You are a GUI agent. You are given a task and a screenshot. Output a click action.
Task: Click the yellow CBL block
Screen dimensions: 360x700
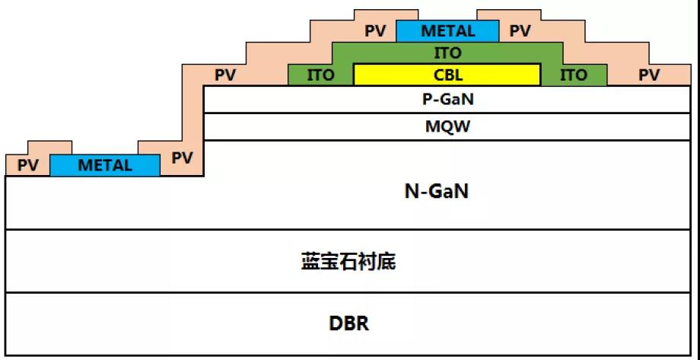coord(447,75)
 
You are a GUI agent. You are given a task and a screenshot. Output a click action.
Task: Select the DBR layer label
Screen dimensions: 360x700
coord(348,323)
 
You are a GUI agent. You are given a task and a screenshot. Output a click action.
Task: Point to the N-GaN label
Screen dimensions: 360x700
coord(436,192)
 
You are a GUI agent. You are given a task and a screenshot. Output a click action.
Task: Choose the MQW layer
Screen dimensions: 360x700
coord(447,126)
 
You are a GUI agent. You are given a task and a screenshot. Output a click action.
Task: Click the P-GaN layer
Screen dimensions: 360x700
coord(447,99)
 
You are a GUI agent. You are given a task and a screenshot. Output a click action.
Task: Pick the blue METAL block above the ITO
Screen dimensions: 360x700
coord(447,31)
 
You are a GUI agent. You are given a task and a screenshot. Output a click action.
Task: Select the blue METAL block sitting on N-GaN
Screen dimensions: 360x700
coord(105,164)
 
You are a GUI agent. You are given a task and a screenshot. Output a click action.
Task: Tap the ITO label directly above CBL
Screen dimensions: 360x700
coord(447,53)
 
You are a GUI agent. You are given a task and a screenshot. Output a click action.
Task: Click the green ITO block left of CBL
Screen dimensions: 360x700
coord(321,75)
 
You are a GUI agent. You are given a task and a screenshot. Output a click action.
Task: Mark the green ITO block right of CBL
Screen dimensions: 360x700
coord(574,75)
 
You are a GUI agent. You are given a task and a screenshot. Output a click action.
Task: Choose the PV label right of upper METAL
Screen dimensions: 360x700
coord(520,31)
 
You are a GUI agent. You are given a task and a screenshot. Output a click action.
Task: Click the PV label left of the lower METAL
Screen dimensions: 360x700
coord(27,165)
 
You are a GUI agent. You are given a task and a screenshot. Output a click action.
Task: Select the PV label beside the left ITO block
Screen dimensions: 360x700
coord(225,75)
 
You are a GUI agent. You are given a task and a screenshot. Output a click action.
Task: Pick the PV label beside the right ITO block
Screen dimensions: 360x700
coord(649,75)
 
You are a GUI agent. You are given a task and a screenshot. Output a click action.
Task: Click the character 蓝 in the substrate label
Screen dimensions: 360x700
coord(309,263)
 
